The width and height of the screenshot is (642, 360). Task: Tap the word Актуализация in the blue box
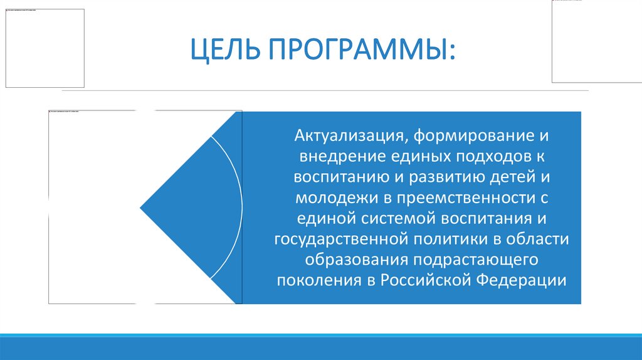pyautogui.click(x=344, y=135)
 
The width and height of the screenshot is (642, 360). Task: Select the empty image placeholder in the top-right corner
pyautogui.click(x=596, y=41)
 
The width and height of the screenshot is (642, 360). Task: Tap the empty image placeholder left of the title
pyautogui.click(x=45, y=48)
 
